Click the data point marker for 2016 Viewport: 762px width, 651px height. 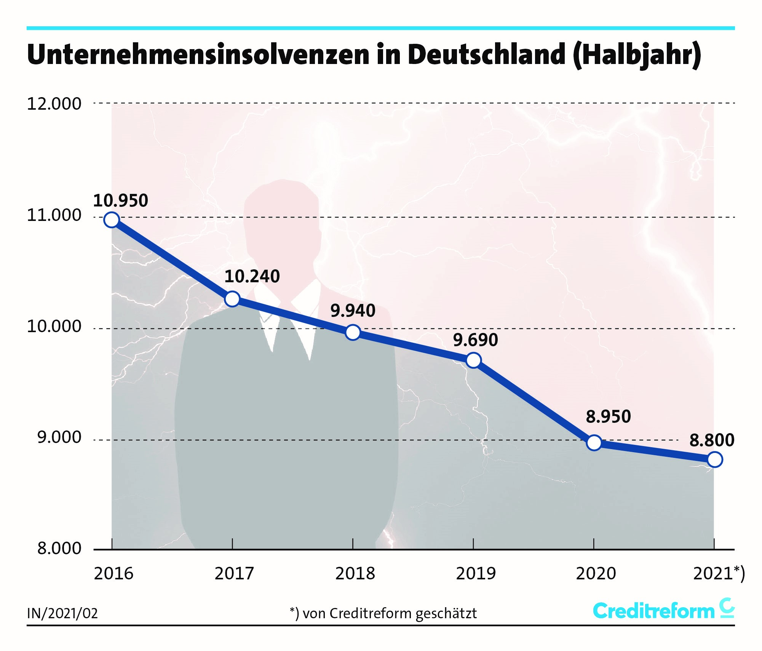[112, 220]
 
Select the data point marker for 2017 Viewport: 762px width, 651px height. [232, 299]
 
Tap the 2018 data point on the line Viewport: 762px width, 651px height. [353, 332]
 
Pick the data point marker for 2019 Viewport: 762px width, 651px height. [473, 360]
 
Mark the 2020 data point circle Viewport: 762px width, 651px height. [594, 443]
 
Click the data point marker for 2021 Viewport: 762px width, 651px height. [714, 459]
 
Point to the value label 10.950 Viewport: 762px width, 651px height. [121, 201]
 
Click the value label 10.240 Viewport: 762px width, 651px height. [252, 277]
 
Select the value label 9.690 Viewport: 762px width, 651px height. [475, 340]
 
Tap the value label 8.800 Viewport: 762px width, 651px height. [712, 440]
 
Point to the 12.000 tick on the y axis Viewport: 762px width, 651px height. [54, 104]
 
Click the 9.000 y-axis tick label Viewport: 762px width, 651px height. [59, 437]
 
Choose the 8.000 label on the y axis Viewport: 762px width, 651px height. [59, 549]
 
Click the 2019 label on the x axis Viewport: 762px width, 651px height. [476, 574]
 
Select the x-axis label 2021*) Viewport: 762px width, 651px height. [719, 574]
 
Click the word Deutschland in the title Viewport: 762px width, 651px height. [486, 54]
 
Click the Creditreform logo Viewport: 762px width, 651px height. [663, 611]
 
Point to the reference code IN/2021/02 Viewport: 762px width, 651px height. [62, 613]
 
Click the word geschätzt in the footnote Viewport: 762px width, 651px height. [446, 614]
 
